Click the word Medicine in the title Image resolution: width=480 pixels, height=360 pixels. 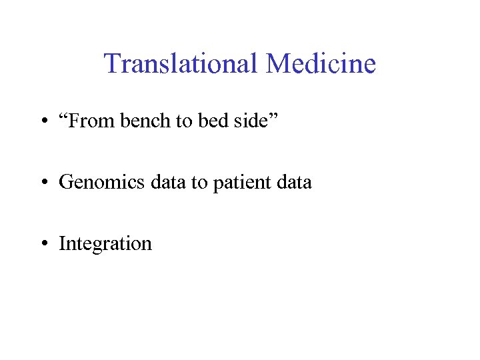321,64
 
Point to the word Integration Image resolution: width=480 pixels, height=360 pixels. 105,244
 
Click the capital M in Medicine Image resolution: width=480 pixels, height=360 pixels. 279,64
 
